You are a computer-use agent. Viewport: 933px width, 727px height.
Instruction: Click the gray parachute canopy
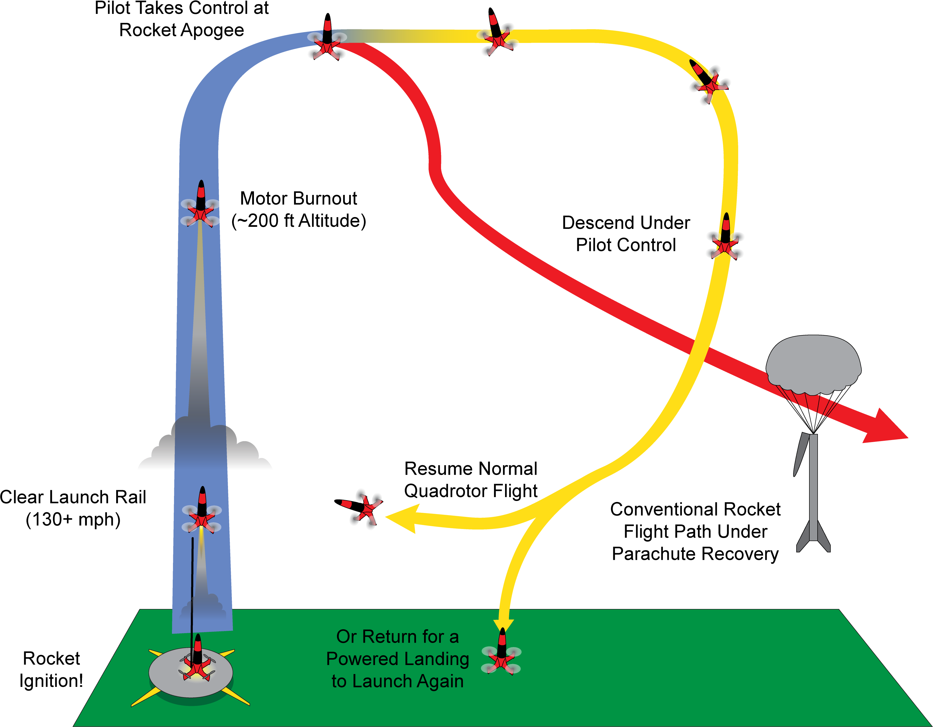click(x=813, y=363)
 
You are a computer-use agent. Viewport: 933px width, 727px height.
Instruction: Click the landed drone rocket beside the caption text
click(x=501, y=653)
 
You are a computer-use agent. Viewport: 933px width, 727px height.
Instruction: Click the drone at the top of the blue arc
click(x=327, y=43)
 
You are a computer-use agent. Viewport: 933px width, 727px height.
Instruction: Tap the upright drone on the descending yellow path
click(x=725, y=239)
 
